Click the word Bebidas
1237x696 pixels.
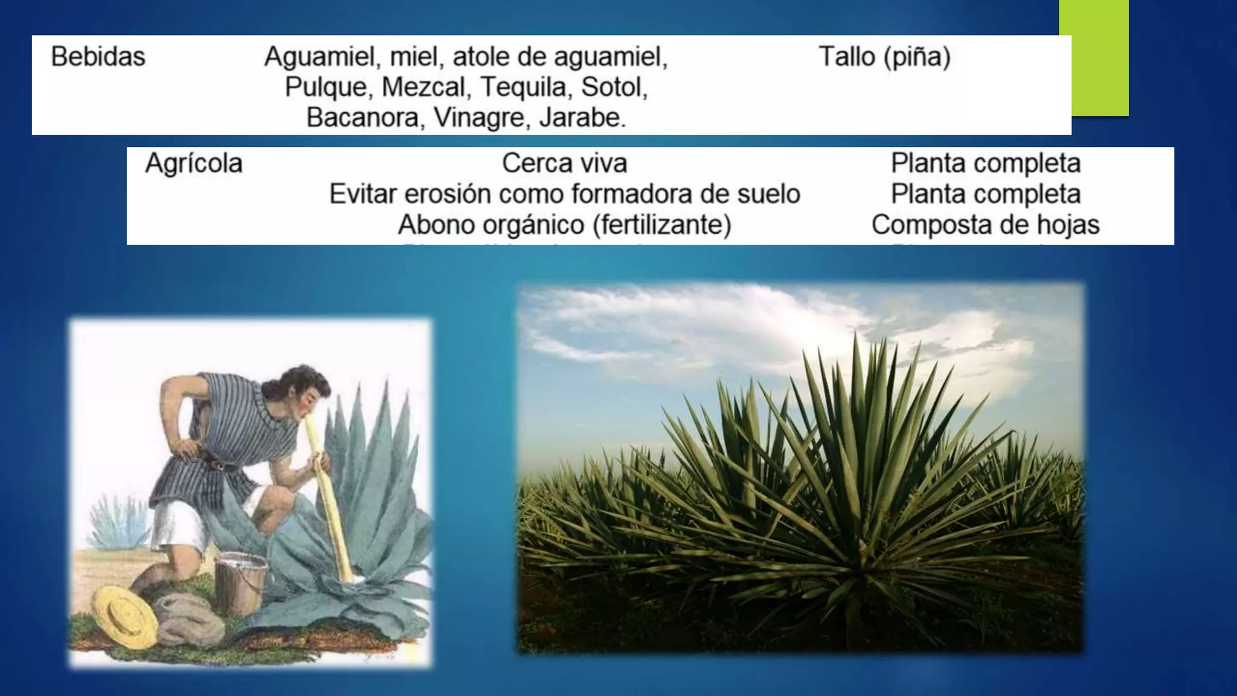[98, 57]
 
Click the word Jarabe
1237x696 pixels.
[582, 117]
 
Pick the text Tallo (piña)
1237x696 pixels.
[884, 57]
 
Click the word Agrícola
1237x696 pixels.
[194, 163]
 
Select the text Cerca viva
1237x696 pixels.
[564, 163]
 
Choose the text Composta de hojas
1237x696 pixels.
[985, 225]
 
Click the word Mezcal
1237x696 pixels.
[426, 87]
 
